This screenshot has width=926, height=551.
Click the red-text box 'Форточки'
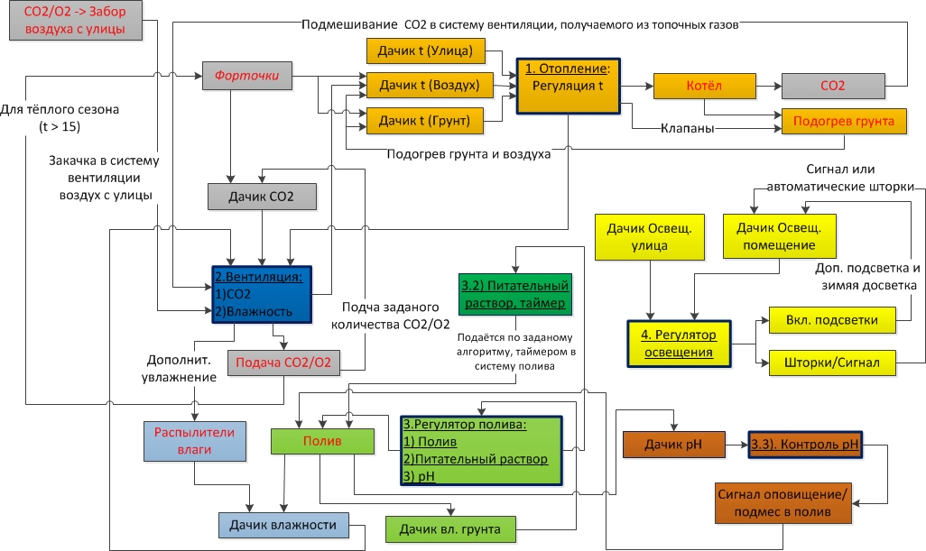(x=246, y=76)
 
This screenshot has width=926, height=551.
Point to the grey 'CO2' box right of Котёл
(x=832, y=86)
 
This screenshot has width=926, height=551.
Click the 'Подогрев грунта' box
(x=844, y=120)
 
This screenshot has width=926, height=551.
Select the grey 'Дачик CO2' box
(x=263, y=197)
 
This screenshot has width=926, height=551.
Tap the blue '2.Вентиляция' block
(x=262, y=293)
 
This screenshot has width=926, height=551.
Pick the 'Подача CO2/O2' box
(x=283, y=363)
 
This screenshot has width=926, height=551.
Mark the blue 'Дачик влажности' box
(x=282, y=526)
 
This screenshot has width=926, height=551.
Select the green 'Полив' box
(x=322, y=440)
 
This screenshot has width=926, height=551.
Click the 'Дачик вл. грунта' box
(x=450, y=528)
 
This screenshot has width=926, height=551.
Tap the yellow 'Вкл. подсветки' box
(x=830, y=320)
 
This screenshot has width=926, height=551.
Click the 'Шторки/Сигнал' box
(x=830, y=363)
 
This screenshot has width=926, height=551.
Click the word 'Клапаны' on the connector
(x=689, y=129)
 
